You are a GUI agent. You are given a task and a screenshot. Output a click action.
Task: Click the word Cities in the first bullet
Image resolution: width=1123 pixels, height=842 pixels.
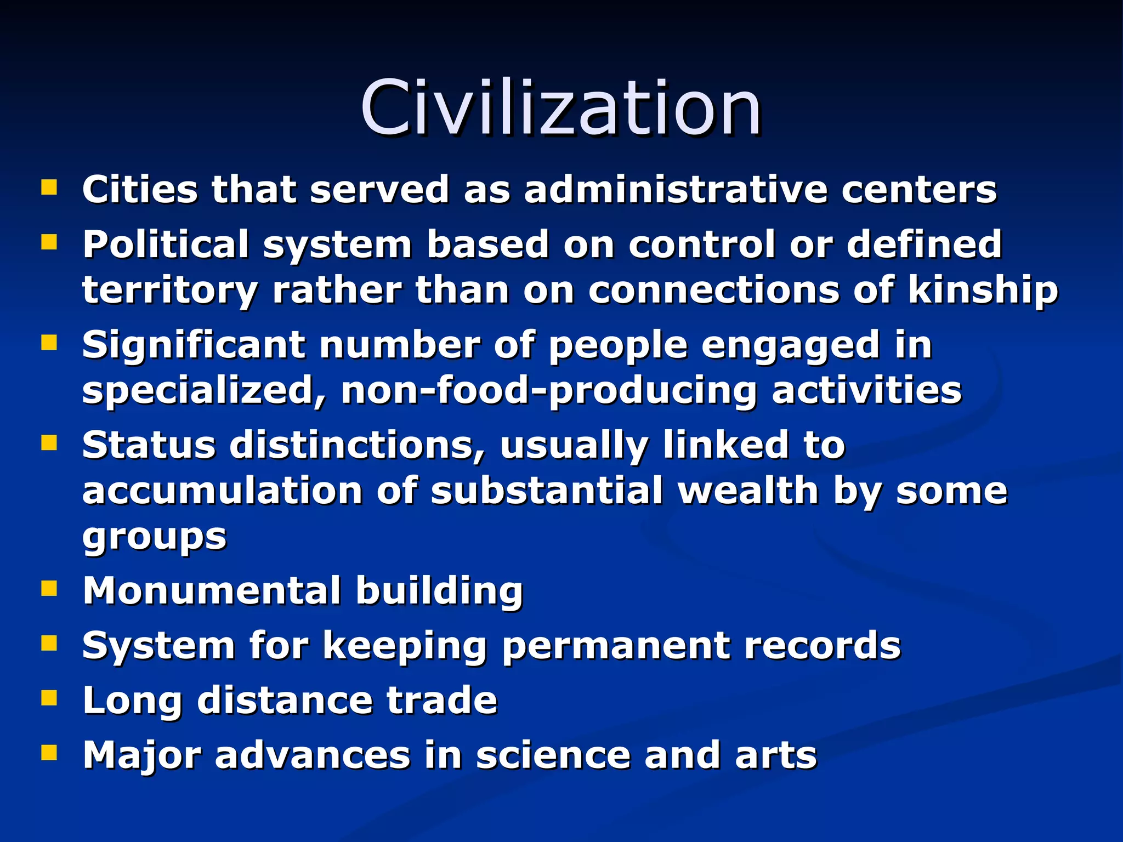pos(140,190)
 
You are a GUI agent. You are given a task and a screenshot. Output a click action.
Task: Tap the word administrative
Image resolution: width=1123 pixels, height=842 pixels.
pos(675,190)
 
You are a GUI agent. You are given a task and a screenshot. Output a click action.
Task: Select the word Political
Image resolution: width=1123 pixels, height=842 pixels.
pos(166,245)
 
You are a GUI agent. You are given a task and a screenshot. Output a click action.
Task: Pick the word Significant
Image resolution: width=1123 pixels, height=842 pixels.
pos(194,345)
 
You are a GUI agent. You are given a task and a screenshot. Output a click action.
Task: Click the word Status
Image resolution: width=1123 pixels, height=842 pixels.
pos(149,445)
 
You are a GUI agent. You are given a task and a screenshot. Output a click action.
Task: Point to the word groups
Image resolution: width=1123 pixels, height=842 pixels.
pos(154,537)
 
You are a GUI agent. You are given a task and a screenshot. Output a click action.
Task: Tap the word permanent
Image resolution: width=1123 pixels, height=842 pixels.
pos(615,646)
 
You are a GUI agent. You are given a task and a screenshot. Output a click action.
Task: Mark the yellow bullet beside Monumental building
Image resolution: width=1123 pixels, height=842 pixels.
pos(49,589)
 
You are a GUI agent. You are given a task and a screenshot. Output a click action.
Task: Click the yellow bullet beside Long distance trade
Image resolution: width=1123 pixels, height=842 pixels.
pos(49,698)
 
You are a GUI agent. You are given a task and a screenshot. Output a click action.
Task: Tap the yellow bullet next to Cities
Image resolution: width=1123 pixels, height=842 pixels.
pos(49,188)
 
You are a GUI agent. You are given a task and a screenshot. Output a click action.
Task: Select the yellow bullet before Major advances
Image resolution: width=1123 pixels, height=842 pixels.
pos(49,753)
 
